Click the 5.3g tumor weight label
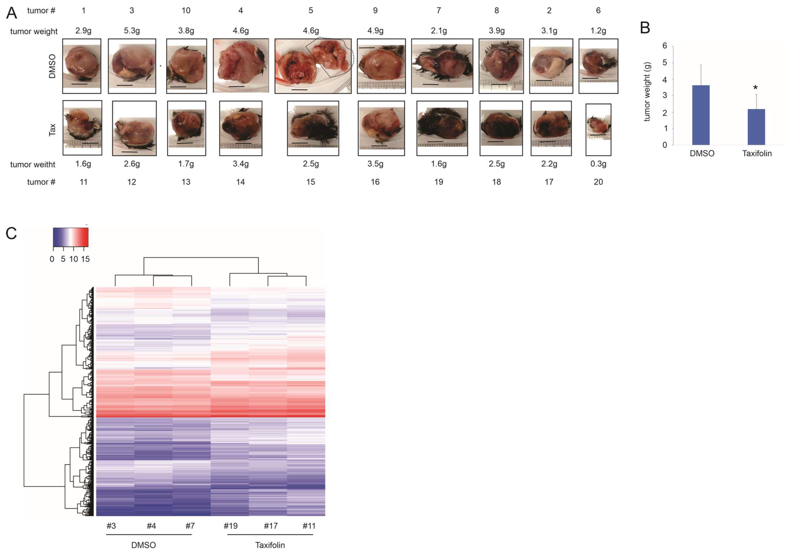click(132, 31)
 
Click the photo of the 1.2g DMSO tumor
click(598, 66)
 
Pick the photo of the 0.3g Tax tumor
click(598, 130)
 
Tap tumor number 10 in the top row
click(186, 11)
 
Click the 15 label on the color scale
click(85, 259)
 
